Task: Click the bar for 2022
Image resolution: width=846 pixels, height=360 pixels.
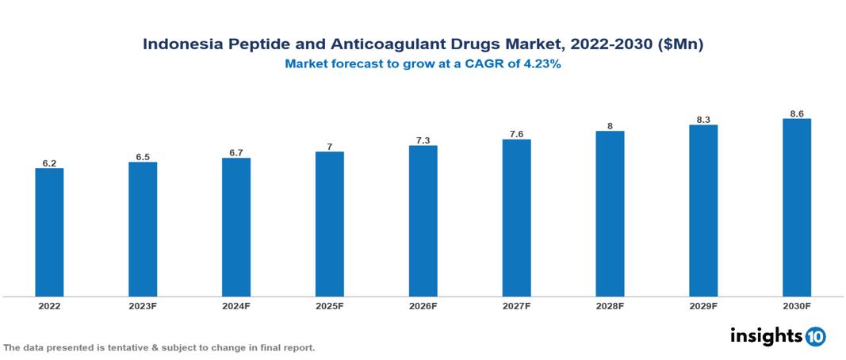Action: pos(49,232)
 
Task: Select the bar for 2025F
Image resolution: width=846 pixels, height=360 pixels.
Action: pos(330,224)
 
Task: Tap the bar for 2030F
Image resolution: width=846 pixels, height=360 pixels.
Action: pos(797,208)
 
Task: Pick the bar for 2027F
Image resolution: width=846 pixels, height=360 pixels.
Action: pos(516,218)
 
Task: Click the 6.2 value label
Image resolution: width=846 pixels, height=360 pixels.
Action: pos(49,163)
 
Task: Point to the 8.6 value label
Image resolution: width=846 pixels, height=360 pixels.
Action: pos(797,113)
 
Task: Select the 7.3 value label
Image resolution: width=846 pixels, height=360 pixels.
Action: pos(423,140)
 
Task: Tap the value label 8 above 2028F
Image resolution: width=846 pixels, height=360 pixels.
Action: pos(610,126)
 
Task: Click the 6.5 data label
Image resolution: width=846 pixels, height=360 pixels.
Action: pos(143,157)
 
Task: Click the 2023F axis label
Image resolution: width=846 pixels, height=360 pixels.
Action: pos(143,306)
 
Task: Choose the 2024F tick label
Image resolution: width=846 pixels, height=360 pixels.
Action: pos(236,306)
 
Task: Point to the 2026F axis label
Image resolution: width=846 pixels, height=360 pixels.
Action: pos(423,306)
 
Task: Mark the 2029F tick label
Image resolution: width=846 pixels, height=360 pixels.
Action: pos(703,306)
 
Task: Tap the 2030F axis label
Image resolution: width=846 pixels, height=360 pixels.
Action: pos(797,306)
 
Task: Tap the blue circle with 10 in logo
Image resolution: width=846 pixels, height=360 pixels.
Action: pos(815,336)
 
